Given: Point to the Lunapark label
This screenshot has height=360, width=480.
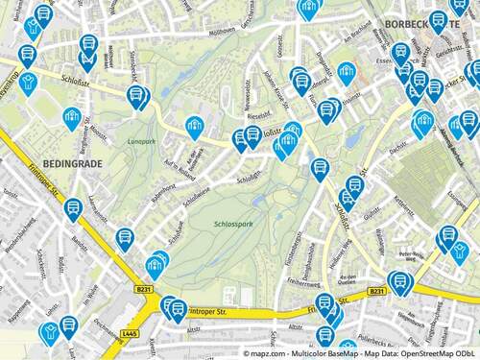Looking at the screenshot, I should point(139,141).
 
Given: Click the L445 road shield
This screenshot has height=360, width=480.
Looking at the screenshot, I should point(132,332).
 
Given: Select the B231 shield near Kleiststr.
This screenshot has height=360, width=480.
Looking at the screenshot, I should point(143,288).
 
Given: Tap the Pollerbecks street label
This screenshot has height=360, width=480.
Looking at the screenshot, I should point(379,337).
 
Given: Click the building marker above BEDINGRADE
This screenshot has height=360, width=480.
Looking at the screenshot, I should point(72,118).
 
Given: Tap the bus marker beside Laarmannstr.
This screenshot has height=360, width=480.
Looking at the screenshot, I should point(73,208).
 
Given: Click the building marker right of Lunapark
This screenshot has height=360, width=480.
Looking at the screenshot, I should point(195,126).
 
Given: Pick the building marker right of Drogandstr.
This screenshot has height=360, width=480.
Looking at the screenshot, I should point(346,71).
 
